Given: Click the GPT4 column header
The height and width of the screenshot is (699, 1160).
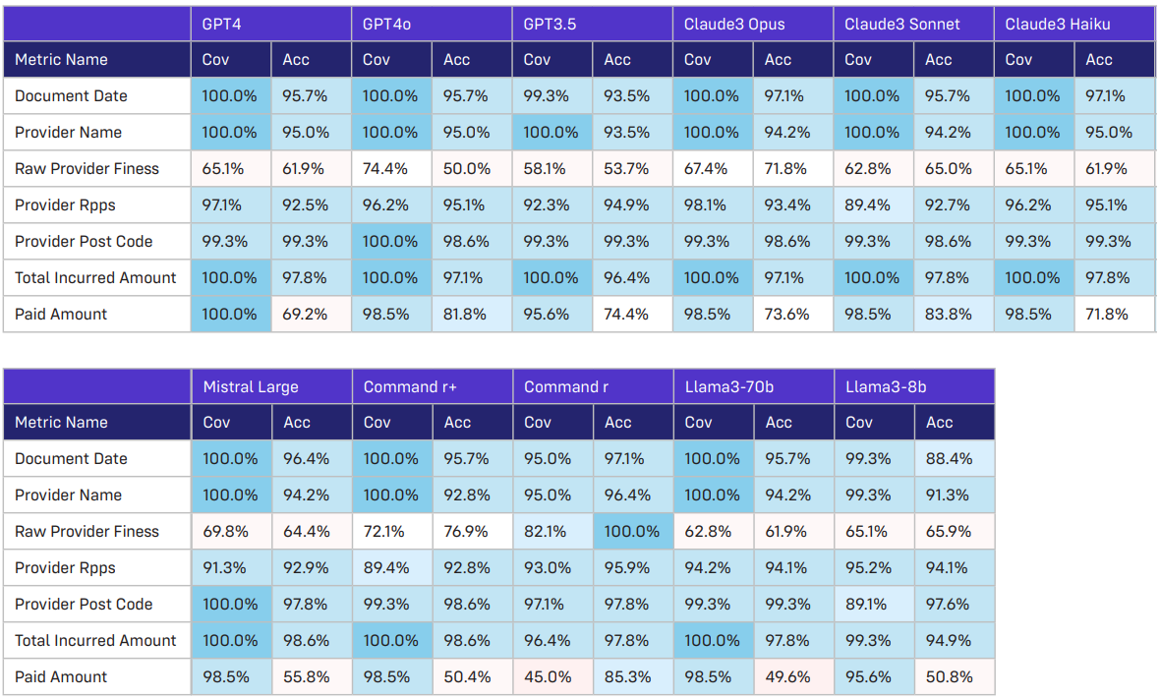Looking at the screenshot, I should click(x=221, y=24).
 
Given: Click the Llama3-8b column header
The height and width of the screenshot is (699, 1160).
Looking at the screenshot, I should click(x=886, y=386).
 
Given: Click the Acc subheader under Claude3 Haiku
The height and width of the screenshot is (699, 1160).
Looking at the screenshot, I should click(x=1099, y=60).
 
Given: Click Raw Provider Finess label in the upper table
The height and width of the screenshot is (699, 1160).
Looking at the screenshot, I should click(x=87, y=169).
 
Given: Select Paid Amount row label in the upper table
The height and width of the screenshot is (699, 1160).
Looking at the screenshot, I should click(x=61, y=315).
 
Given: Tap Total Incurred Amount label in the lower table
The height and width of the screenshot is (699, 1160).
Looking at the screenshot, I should click(x=95, y=641).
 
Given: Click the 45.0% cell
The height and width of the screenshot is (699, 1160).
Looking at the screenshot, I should click(x=548, y=677).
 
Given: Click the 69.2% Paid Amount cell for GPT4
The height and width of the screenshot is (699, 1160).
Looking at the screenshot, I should click(x=304, y=315).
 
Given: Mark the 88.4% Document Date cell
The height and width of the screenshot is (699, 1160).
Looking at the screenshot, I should click(x=951, y=459).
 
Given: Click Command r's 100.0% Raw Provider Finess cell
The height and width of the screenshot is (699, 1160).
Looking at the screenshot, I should click(x=632, y=532).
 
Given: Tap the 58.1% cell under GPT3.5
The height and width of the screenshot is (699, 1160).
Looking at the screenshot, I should click(x=545, y=169).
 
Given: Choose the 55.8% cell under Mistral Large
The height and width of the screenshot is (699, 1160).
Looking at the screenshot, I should click(x=305, y=677).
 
